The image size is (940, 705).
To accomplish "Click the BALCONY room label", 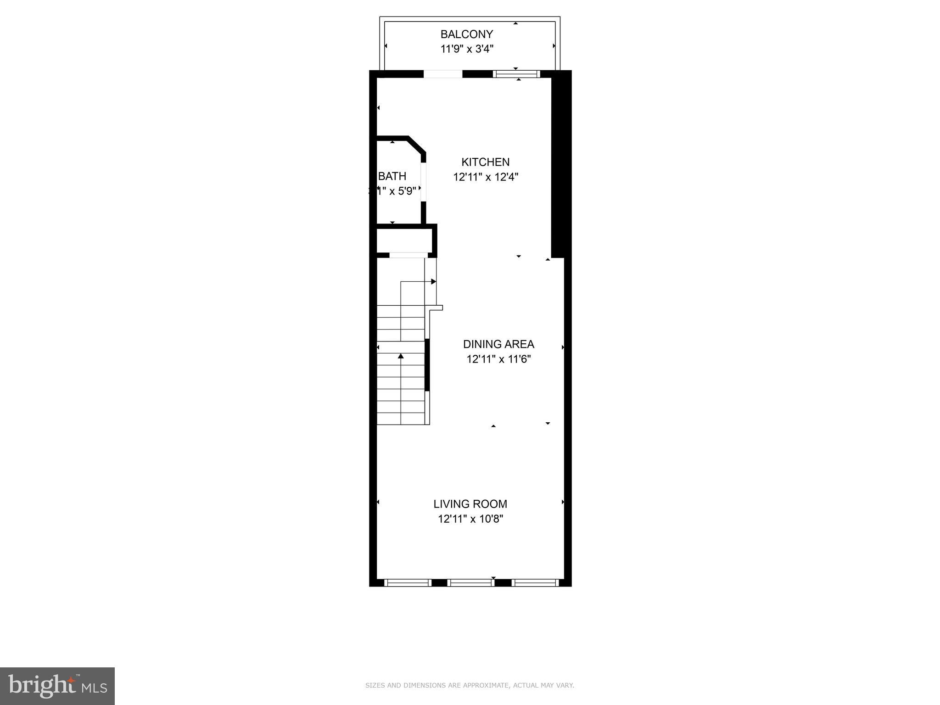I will (466, 34).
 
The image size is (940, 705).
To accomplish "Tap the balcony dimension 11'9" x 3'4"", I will (467, 49).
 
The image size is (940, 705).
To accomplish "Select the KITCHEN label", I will (485, 162).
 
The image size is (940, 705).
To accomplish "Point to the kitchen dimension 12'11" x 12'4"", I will (486, 177).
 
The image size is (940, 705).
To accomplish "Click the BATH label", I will (392, 176).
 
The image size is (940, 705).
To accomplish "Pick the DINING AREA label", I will (498, 344).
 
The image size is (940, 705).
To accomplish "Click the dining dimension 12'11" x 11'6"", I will (498, 359).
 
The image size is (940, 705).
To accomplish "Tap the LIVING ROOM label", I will (470, 504).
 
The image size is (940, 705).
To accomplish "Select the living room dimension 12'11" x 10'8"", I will (470, 519).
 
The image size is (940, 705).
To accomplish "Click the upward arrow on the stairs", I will (401, 356).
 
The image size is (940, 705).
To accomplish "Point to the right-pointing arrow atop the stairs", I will (433, 281).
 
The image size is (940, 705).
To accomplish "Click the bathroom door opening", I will (423, 181).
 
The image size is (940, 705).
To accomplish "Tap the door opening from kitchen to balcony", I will (442, 74).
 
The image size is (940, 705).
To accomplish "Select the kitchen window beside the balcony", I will (516, 74).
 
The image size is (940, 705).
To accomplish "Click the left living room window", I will (408, 582).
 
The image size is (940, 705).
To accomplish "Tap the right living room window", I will (535, 582).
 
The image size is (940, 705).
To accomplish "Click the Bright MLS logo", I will (57, 686).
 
